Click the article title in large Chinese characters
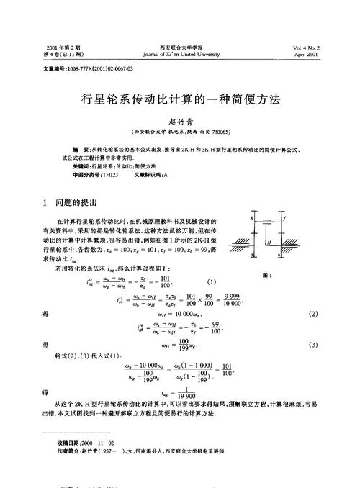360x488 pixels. click(x=180, y=103)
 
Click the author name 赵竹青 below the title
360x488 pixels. click(x=180, y=122)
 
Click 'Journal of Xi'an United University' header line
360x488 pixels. click(x=179, y=54)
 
